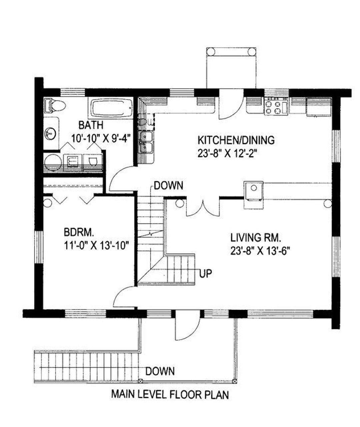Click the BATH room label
pyautogui.click(x=91, y=125)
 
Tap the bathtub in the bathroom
pyautogui.click(x=111, y=108)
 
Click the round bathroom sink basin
pyautogui.click(x=50, y=134)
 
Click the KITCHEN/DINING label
pyautogui.click(x=236, y=140)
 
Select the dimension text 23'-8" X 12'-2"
pyautogui.click(x=227, y=153)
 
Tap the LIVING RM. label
pyautogui.click(x=256, y=238)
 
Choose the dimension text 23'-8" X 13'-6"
pyautogui.click(x=260, y=251)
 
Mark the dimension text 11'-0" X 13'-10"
pyautogui.click(x=96, y=245)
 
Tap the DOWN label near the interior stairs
pyautogui.click(x=169, y=185)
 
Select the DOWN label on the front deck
pyautogui.click(x=160, y=371)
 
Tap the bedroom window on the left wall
pyautogui.click(x=39, y=247)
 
